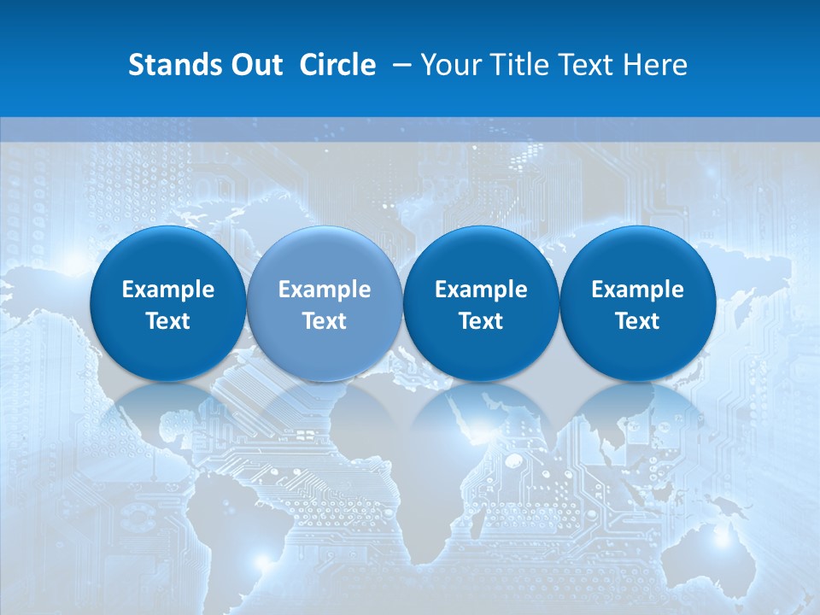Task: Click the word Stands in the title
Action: [169, 65]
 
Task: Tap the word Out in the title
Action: [254, 65]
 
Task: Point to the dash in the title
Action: [399, 66]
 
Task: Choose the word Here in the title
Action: [655, 65]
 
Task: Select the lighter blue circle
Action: [324, 302]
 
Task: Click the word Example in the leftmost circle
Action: [167, 290]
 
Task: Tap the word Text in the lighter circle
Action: [324, 321]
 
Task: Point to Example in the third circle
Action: [481, 290]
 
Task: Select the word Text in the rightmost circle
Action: [637, 321]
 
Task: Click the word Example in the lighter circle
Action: [324, 290]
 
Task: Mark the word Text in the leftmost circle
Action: [167, 321]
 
